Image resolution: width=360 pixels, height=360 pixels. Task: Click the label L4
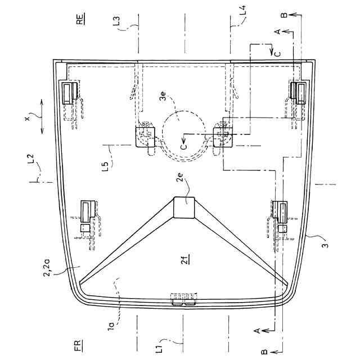coord(242,11)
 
